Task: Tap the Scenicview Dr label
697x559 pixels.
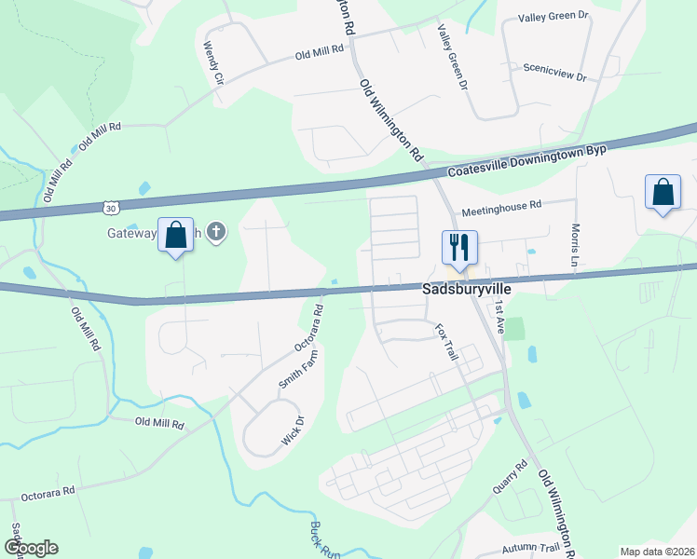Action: tap(554, 71)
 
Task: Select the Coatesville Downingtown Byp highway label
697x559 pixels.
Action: tap(526, 160)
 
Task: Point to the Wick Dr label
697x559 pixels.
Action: tap(294, 429)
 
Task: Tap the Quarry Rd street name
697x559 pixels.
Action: tap(510, 476)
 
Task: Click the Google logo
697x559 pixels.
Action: tap(31, 548)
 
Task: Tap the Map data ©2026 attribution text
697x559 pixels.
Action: tap(656, 552)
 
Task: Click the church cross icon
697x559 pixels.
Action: tap(216, 230)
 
